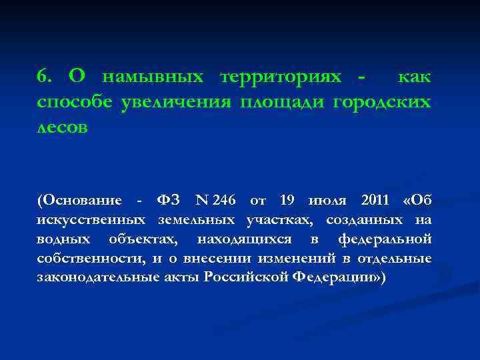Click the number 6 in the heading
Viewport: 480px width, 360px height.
(43, 77)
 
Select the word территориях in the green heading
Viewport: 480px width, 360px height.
(281, 77)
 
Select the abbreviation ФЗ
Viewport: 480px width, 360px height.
(168, 200)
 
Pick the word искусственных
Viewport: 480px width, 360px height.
(91, 219)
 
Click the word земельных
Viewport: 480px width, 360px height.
(196, 219)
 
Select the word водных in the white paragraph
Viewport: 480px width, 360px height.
(62, 239)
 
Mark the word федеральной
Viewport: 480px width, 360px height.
(385, 239)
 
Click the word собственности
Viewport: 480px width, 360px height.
(93, 258)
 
